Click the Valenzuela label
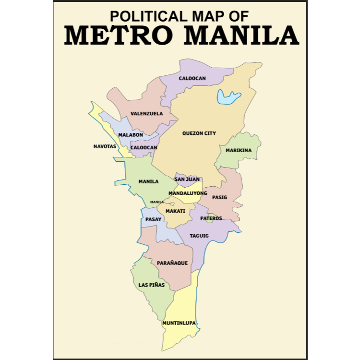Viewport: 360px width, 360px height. click(x=147, y=114)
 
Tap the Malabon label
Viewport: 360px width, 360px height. click(x=131, y=135)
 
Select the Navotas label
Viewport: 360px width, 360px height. click(x=105, y=146)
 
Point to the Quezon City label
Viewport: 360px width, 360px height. click(x=199, y=133)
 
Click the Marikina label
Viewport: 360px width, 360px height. click(x=239, y=150)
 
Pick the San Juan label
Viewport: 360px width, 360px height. click(x=187, y=179)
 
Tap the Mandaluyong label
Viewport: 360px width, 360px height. click(x=188, y=193)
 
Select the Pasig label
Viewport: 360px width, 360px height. click(x=219, y=197)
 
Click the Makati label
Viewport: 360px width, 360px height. click(x=175, y=211)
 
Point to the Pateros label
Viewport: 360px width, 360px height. click(x=211, y=218)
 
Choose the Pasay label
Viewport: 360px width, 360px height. click(x=153, y=219)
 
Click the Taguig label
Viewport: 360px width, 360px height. click(x=199, y=236)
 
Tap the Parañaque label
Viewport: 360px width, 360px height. click(x=172, y=263)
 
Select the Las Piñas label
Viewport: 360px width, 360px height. click(x=152, y=285)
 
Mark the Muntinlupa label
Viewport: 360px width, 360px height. click(x=179, y=323)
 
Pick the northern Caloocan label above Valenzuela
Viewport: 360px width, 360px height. click(x=192, y=78)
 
